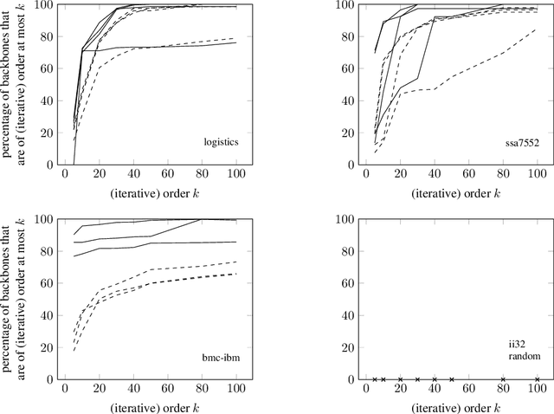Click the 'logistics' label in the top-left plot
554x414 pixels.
click(x=216, y=140)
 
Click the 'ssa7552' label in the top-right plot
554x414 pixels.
click(x=516, y=140)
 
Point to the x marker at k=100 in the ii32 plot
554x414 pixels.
click(x=537, y=379)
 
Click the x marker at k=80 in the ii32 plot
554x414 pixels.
click(x=503, y=379)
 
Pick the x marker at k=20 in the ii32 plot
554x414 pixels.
click(x=400, y=379)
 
